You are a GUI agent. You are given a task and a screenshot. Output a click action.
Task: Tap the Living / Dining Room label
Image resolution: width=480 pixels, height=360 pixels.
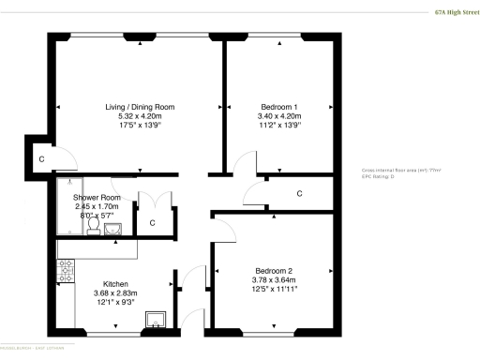pos(139,107)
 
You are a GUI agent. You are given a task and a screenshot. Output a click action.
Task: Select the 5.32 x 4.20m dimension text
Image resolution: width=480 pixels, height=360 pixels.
pos(139,116)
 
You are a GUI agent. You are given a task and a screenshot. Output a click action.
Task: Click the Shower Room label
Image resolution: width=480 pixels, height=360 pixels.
pos(97,198)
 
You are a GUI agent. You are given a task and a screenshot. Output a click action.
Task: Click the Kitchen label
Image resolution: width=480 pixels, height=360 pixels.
pos(116,284)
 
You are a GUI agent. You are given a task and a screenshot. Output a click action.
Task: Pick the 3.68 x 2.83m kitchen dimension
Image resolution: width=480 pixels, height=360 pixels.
pos(116,293)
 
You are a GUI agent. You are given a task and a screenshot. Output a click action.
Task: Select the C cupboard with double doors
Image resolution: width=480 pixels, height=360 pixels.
pos(152,223)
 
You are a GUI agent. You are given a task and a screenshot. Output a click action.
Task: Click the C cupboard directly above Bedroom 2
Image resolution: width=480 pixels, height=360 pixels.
pos(299,194)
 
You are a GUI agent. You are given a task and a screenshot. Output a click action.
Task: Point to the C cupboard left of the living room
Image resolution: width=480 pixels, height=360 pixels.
pos(40,160)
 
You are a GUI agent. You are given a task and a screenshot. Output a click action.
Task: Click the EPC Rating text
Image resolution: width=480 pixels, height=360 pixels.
pos(377,175)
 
